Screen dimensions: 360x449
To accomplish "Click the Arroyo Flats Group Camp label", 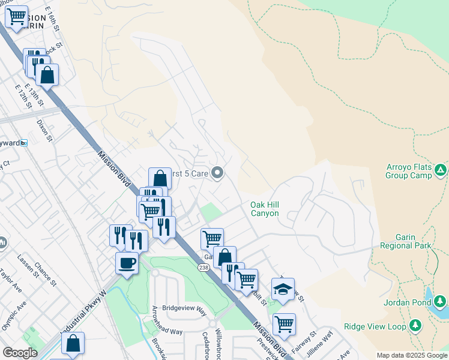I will pos(408,171).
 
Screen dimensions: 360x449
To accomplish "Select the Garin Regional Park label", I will pos(405,241).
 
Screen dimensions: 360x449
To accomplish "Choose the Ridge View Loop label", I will pos(375,326).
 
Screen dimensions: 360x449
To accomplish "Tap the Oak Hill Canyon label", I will pos(265,209).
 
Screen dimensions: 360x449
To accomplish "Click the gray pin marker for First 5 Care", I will pos(218,174).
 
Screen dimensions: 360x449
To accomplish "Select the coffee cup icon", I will pos(127,262).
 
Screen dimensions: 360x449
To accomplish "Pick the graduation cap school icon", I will pos(283,289).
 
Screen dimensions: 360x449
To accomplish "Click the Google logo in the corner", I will pos(20,352).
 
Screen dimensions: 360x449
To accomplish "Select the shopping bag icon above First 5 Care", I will pos(160,178).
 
